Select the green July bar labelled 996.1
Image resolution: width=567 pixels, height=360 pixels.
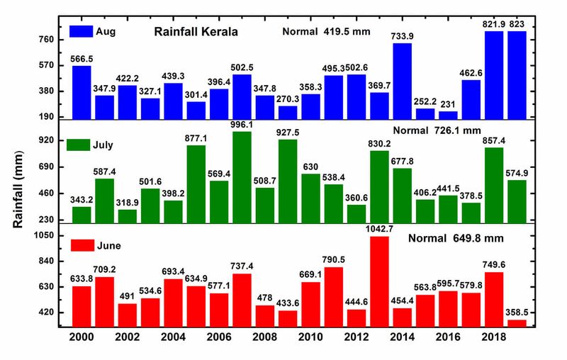pyautogui.click(x=242, y=177)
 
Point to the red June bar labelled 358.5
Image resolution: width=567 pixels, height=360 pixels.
pyautogui.click(x=517, y=324)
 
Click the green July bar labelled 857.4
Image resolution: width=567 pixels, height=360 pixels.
pyautogui.click(x=495, y=185)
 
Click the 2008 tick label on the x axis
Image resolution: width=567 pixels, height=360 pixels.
pyautogui.click(x=265, y=341)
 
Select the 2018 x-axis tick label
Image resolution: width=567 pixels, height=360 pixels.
pyautogui.click(x=494, y=341)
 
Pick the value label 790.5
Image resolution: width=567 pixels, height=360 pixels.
pyautogui.click(x=334, y=259)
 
